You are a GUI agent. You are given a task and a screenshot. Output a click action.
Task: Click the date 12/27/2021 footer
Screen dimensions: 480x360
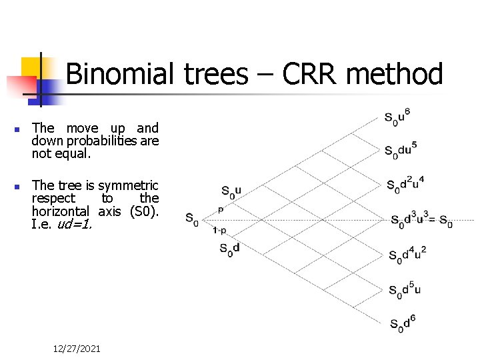[x=77, y=349]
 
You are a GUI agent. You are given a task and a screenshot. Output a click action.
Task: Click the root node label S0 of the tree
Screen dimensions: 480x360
[x=191, y=219]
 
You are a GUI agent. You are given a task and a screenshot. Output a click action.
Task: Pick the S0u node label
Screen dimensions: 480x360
[x=231, y=193]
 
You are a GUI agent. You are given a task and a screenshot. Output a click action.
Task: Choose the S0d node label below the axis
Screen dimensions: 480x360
[x=229, y=249]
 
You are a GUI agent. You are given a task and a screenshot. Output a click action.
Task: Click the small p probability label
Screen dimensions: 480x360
[x=221, y=209]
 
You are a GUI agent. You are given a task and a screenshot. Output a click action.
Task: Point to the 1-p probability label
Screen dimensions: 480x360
[x=219, y=230]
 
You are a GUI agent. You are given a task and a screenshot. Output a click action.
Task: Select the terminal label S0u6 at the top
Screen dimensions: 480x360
[x=397, y=117]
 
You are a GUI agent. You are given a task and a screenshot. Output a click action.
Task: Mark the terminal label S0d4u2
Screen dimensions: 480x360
[x=407, y=253]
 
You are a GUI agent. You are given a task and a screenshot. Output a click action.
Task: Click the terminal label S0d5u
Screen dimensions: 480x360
[x=405, y=289]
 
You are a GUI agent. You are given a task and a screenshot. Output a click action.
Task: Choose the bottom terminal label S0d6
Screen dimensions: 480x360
[x=402, y=323]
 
